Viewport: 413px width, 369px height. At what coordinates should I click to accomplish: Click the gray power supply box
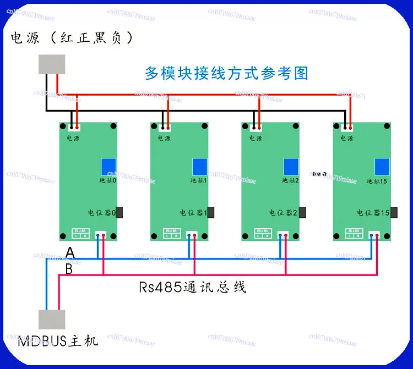pos(52,64)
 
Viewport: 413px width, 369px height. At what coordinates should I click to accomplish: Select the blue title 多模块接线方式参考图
pos(226,73)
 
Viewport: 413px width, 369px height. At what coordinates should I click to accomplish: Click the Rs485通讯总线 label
pos(192,287)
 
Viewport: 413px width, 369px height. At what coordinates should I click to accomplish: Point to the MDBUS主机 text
pos(58,341)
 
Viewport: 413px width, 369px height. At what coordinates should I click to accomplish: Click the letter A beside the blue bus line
pos(70,252)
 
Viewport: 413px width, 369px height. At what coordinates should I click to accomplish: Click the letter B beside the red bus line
pos(69,269)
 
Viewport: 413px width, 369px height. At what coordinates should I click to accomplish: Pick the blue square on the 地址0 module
pos(108,167)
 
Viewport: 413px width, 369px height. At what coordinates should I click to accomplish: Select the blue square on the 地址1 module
pos(199,167)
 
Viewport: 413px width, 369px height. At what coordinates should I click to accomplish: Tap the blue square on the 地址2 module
pos(291,167)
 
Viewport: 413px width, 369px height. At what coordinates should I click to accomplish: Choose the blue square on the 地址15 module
pos(382,167)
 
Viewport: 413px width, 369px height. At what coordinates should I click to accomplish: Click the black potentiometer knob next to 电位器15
pos(394,212)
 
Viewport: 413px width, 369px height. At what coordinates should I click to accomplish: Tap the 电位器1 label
pos(193,212)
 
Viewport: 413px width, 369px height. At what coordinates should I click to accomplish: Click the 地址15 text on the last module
pos(377,180)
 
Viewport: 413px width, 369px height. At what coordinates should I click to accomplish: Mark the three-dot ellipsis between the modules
pos(320,174)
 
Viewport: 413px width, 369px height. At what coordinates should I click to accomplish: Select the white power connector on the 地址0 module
pos(74,128)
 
